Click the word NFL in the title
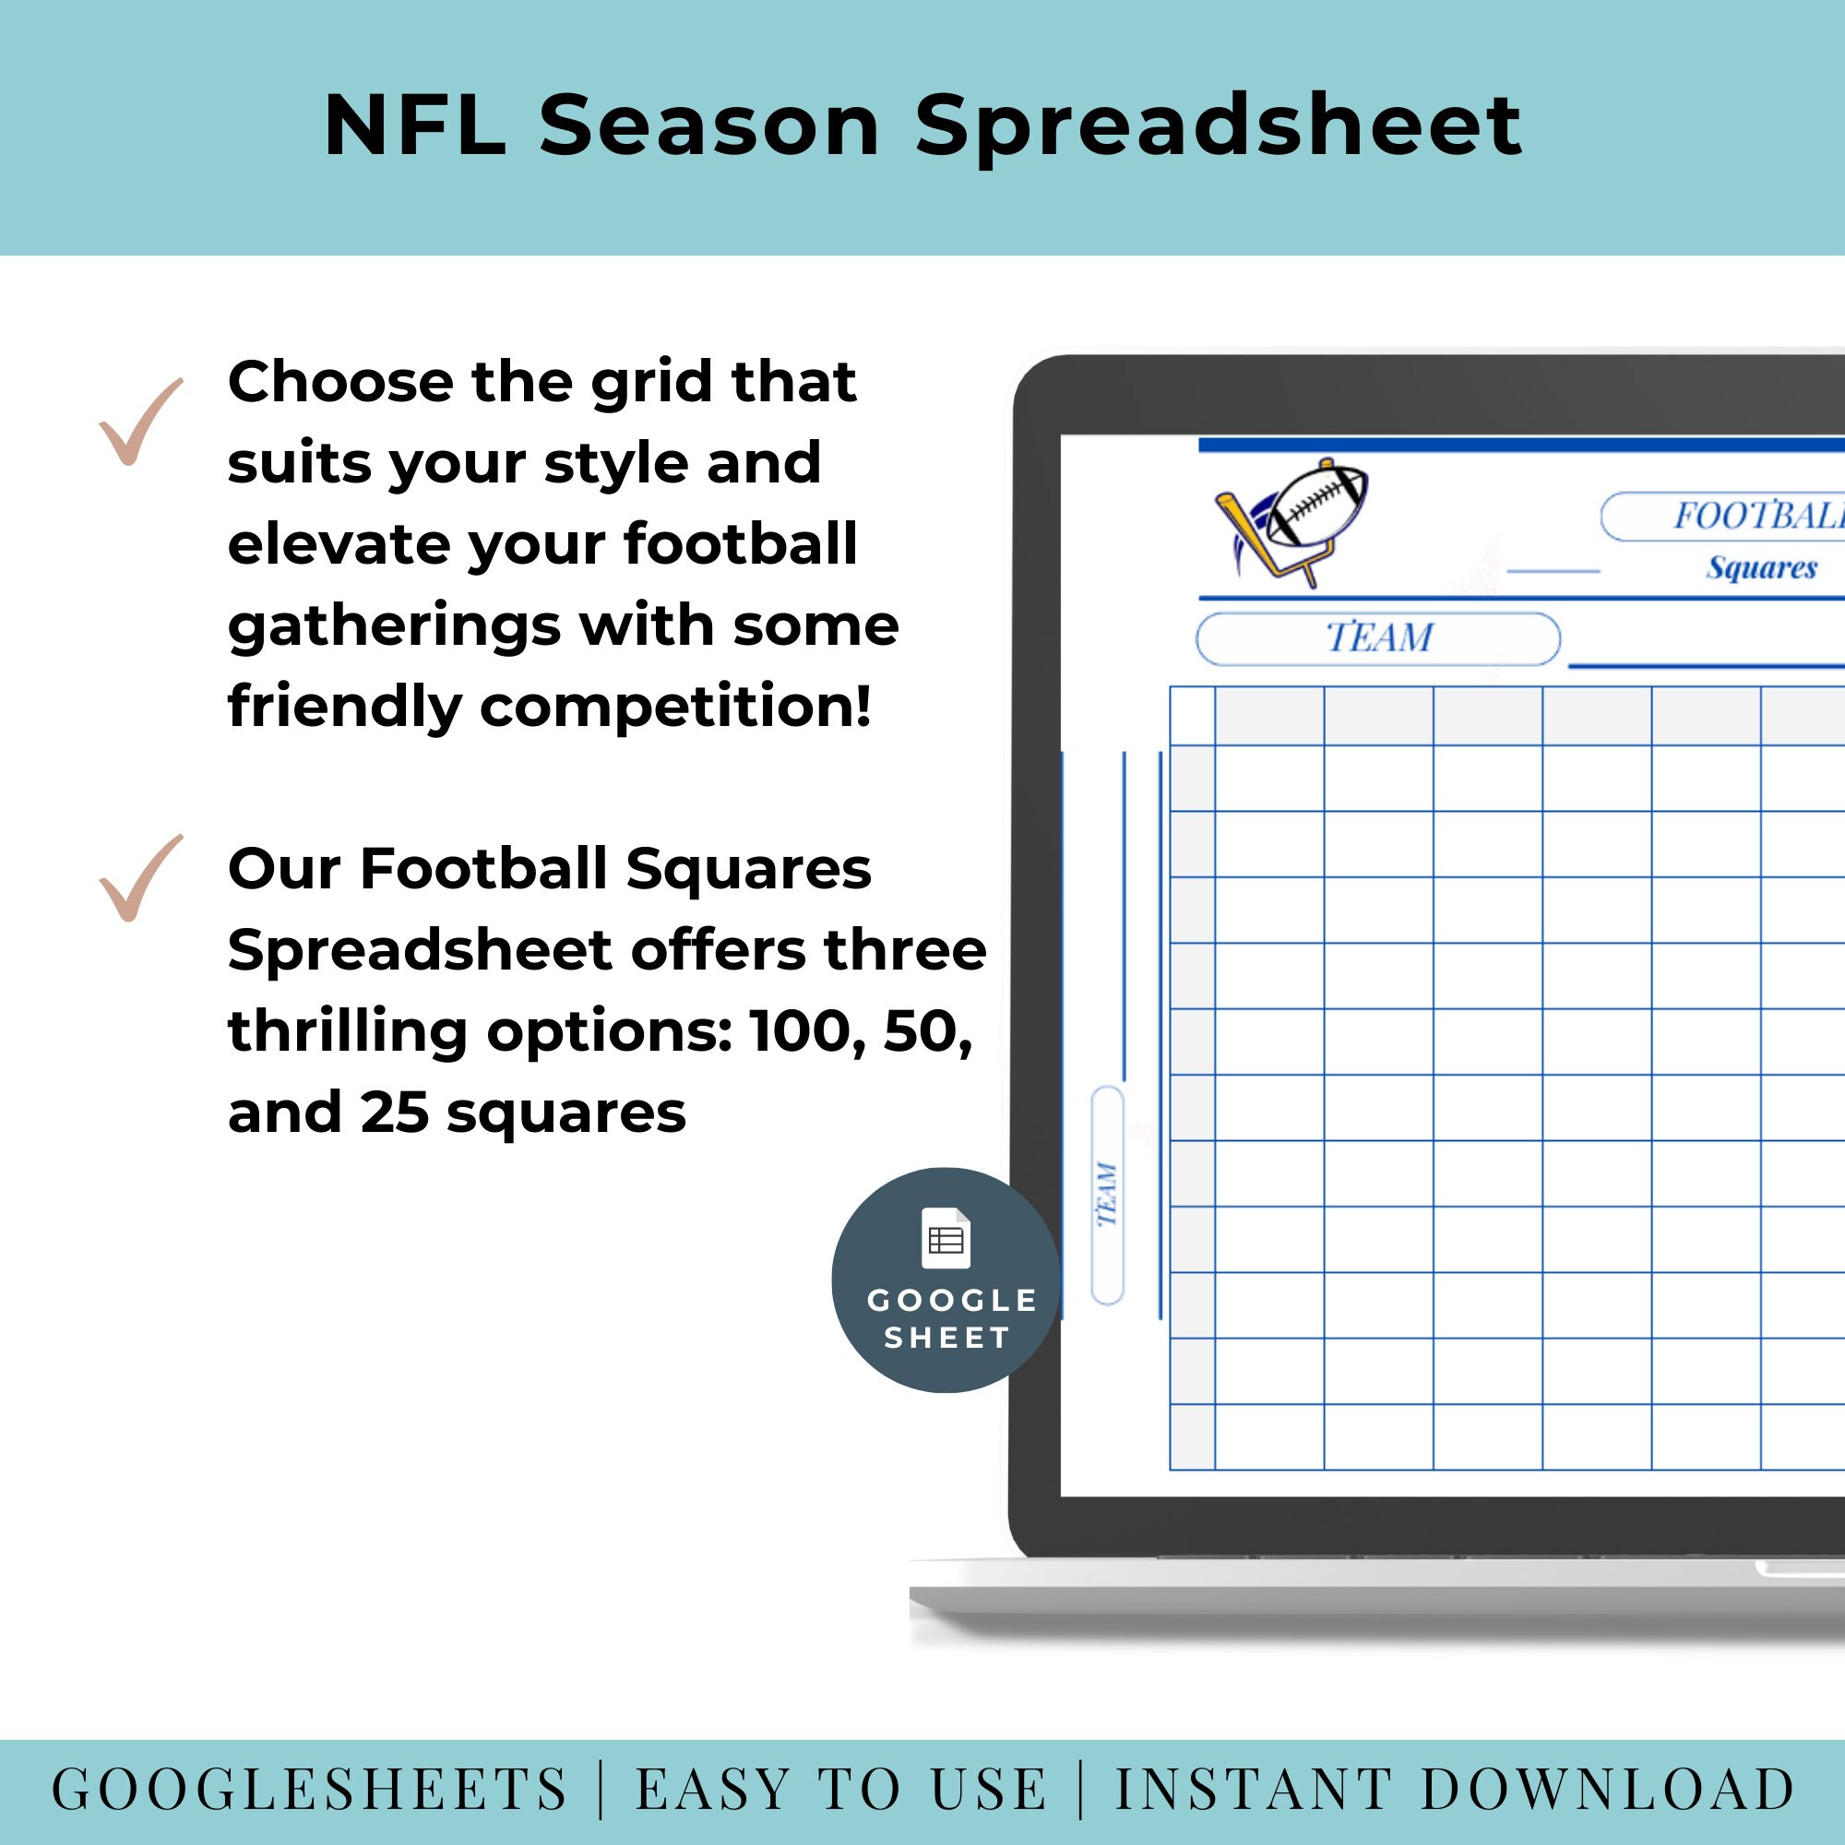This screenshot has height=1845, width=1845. (x=414, y=126)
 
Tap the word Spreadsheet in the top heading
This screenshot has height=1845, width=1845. (x=1218, y=128)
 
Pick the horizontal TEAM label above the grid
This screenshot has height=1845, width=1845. (x=1378, y=638)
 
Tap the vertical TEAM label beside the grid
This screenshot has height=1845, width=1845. (x=1107, y=1194)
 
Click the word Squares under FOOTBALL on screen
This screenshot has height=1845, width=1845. (x=1761, y=567)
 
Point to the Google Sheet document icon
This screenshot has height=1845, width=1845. (x=946, y=1239)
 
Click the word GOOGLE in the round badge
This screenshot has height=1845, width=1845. (x=951, y=1301)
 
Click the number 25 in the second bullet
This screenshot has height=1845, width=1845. (x=395, y=1113)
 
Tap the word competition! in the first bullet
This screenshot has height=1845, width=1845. (x=675, y=707)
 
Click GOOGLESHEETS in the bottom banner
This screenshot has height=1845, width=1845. (x=309, y=1790)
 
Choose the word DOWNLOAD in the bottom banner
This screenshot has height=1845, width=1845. (x=1607, y=1790)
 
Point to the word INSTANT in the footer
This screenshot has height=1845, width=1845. (x=1253, y=1790)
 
